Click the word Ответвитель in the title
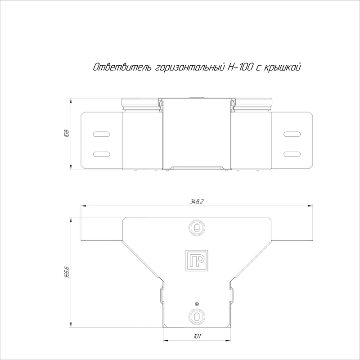pos(122,67)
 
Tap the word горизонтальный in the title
pos(190,67)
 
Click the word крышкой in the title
pos(283,67)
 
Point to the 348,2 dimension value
pos(197,202)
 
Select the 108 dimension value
pos(67,134)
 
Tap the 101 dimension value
pos(197,336)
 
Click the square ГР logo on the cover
pos(197,261)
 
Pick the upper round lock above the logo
pos(197,228)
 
